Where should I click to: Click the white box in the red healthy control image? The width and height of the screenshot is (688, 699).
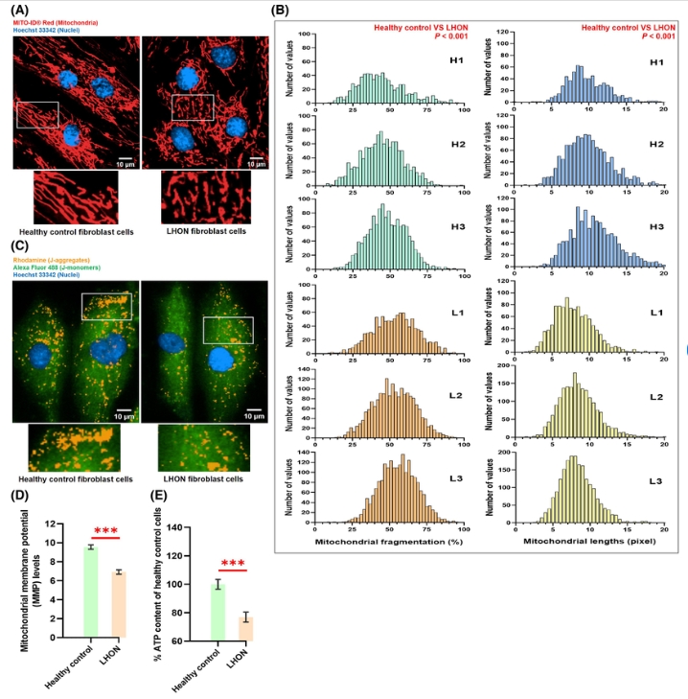[x=39, y=113]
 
